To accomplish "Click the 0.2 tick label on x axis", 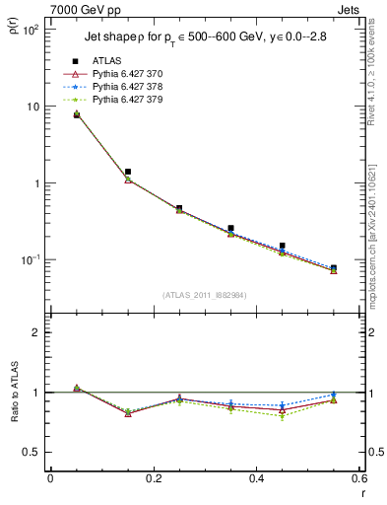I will pos(153,477).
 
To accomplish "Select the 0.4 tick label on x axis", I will pos(256,477).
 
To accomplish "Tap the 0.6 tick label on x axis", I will pos(358,477).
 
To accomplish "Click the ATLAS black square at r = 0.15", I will pos(128,172).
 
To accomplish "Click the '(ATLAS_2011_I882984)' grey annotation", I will pos(205,294).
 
